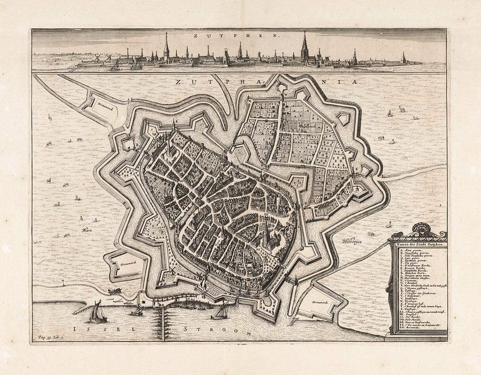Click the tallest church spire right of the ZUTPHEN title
tap(304, 46)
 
